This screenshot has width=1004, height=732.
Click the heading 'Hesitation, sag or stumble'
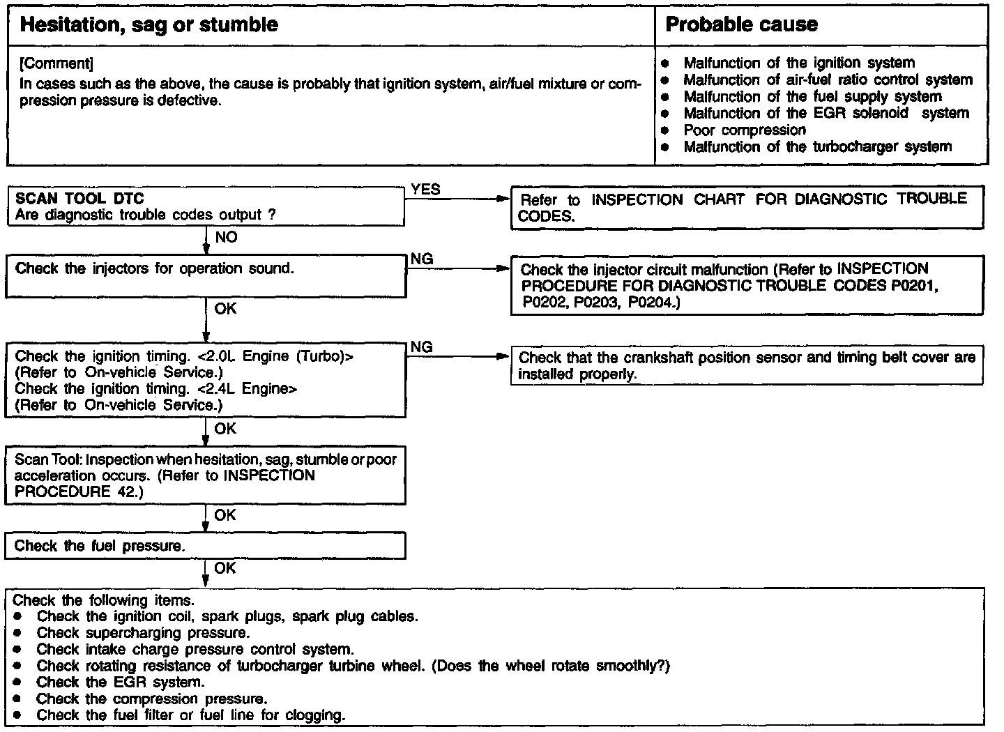coord(149,25)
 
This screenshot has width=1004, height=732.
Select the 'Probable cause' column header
coord(741,25)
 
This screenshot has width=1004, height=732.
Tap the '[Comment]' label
coord(56,64)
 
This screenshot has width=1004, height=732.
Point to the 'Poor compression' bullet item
coord(744,130)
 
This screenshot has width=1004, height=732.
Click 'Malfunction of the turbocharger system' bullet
coord(816,147)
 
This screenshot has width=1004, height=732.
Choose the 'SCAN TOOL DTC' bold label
coord(79,199)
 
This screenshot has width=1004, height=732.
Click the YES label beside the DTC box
coord(425,190)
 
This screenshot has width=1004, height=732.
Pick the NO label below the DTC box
coord(226,238)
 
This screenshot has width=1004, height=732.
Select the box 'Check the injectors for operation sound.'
coord(205,277)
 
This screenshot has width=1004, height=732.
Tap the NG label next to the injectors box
coord(421,259)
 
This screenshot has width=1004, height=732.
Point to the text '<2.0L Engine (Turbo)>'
coord(277,356)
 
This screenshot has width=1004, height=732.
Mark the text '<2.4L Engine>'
coord(248,389)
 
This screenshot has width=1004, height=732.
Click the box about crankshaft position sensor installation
coord(747,366)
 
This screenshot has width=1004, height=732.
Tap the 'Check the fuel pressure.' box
coord(205,546)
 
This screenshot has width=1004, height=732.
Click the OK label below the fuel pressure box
coord(225,568)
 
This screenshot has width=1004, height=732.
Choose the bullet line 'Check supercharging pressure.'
coord(143,633)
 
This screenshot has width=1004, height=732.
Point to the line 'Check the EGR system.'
coord(121,683)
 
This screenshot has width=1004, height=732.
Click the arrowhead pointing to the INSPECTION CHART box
coord(503,199)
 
